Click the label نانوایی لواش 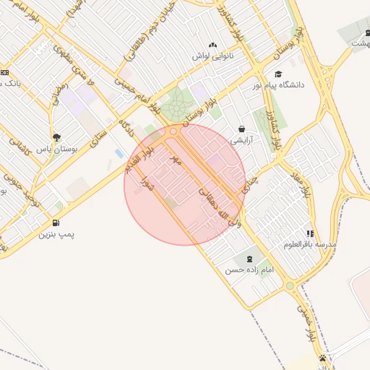211,55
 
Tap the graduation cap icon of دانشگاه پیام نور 279,74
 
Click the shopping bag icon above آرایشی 241,129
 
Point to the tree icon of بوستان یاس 56,137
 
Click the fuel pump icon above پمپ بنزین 56,223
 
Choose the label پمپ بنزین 56,234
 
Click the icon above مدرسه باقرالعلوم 310,233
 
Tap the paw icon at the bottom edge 322,358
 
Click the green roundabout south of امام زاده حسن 290,286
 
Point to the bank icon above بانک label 4,72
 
